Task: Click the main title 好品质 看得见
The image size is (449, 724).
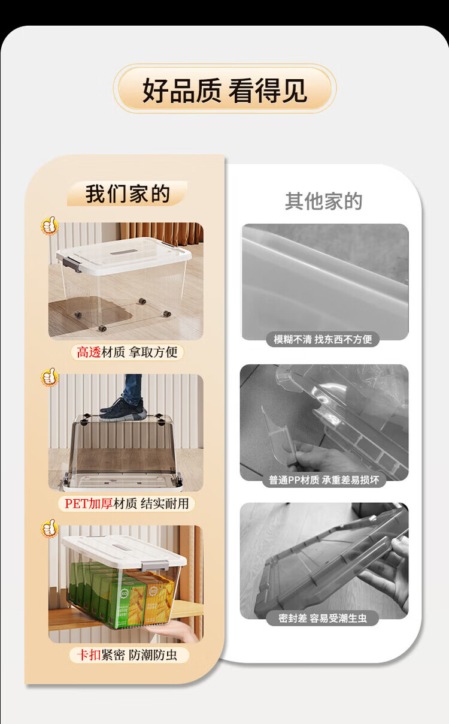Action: (224, 90)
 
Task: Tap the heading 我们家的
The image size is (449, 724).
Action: (128, 194)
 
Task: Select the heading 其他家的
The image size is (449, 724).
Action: (323, 201)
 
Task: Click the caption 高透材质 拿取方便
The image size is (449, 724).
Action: (127, 352)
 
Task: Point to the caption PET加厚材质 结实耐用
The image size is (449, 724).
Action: (126, 503)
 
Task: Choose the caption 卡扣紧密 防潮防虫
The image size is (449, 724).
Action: (127, 655)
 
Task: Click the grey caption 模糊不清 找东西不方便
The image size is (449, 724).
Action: (323, 339)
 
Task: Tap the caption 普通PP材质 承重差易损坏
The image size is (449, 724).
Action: (324, 480)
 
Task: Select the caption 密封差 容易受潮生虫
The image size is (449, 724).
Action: (323, 618)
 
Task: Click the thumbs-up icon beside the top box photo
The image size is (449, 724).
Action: (49, 225)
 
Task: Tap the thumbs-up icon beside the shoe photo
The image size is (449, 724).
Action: (49, 376)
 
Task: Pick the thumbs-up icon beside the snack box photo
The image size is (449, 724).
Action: (49, 528)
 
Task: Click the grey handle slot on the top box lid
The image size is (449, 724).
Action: (123, 252)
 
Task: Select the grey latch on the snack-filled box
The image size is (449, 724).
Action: (155, 566)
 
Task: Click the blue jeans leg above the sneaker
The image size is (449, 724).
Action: (133, 388)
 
